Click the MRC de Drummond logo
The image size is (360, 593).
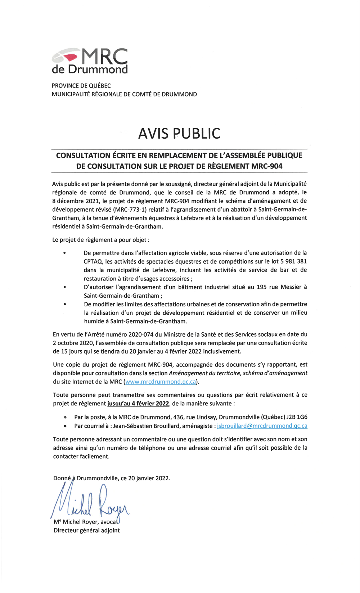click(90, 61)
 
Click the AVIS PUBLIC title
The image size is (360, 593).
click(179, 134)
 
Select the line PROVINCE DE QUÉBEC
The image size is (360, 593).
click(81, 86)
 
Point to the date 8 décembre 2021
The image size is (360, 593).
click(75, 201)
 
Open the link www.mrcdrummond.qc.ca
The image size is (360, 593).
click(161, 382)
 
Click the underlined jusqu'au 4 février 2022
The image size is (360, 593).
click(138, 404)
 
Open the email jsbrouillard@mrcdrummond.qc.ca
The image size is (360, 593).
click(262, 426)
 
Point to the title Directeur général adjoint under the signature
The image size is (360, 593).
click(87, 530)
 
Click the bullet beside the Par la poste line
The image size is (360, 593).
click(65, 418)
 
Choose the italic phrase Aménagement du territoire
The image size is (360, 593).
click(204, 373)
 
